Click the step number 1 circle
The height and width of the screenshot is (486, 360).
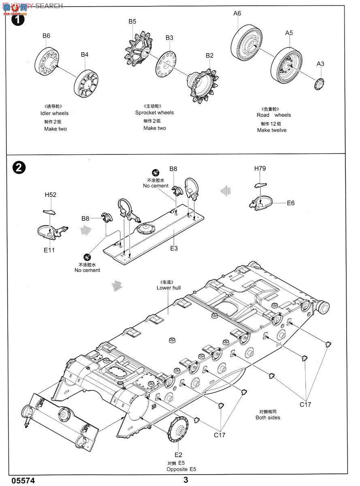click(x=19, y=19)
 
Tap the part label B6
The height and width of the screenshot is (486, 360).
click(x=46, y=36)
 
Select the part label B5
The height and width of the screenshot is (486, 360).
click(x=132, y=21)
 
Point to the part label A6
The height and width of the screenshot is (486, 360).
click(x=237, y=13)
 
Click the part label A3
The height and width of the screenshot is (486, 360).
click(x=320, y=64)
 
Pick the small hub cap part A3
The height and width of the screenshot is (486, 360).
click(x=320, y=83)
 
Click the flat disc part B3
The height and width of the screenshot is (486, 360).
click(x=166, y=64)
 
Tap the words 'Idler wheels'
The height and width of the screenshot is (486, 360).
click(x=55, y=113)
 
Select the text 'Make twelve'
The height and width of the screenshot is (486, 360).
click(x=272, y=130)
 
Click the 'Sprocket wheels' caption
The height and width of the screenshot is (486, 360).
click(x=154, y=113)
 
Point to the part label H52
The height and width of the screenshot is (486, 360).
click(x=50, y=195)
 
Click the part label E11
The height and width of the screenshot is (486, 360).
click(x=49, y=250)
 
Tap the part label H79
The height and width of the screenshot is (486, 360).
click(x=260, y=168)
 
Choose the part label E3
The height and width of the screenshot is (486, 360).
click(x=174, y=248)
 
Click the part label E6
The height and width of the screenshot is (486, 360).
click(x=291, y=203)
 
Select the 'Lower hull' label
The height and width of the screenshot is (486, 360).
click(x=168, y=288)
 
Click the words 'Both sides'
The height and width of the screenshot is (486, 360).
click(x=268, y=418)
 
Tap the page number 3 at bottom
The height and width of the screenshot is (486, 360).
click(x=186, y=480)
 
